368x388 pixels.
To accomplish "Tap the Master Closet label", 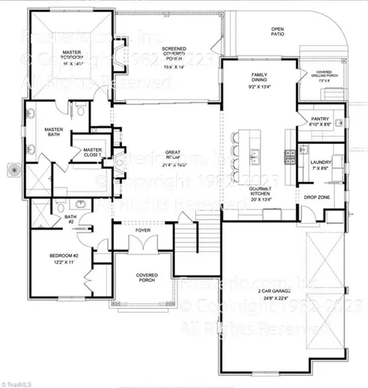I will [x=93, y=152].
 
